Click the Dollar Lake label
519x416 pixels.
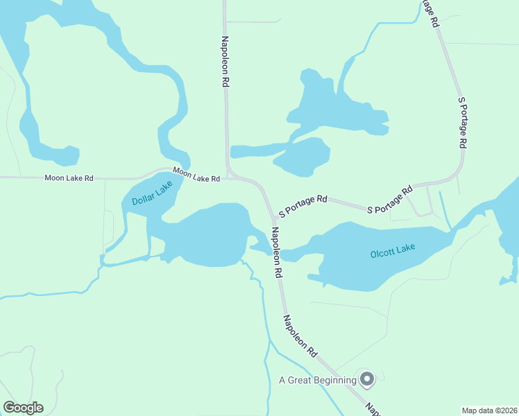click(x=152, y=195)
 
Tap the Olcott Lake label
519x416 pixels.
click(x=393, y=251)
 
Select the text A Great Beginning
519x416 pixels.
click(x=317, y=380)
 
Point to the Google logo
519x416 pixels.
click(x=23, y=408)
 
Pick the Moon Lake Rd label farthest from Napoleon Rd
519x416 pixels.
click(x=69, y=178)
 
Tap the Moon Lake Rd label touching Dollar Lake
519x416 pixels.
click(x=196, y=175)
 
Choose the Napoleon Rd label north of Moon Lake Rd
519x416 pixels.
click(x=226, y=62)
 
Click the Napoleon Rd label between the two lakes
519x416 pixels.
click(x=277, y=252)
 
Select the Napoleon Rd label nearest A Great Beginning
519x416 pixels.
click(x=300, y=336)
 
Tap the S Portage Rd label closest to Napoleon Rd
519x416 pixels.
click(x=303, y=203)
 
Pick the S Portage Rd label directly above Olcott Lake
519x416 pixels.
click(x=389, y=199)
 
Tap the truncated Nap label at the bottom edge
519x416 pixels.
click(x=373, y=409)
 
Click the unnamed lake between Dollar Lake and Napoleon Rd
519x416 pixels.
click(x=208, y=236)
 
